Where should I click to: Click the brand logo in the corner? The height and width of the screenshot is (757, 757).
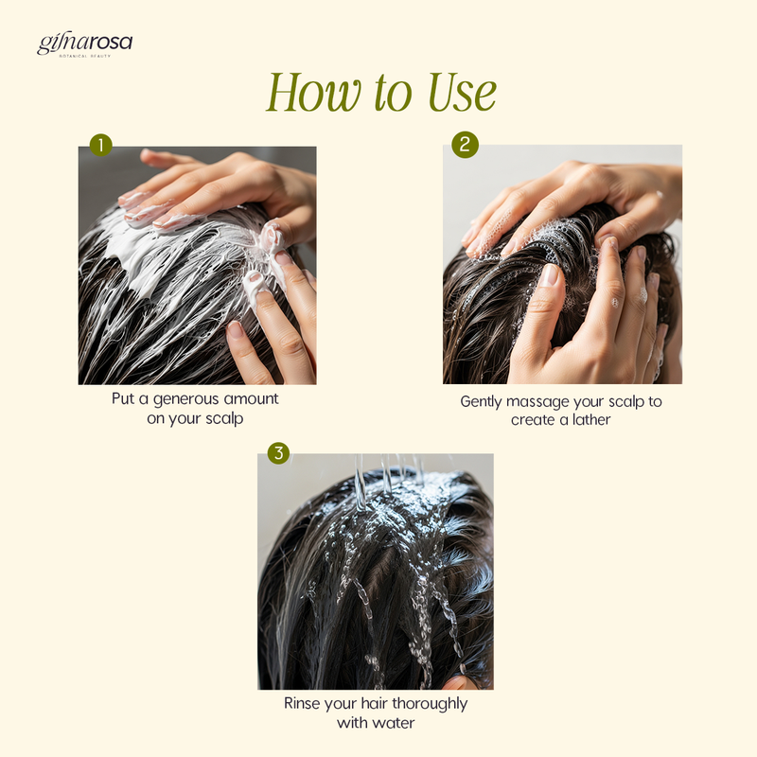tap(84, 44)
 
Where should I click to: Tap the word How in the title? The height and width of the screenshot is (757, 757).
tap(314, 92)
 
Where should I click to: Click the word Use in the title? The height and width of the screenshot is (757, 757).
tap(462, 92)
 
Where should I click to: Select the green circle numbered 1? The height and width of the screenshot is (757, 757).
tap(101, 145)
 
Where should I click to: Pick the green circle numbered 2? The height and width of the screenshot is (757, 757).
tap(465, 145)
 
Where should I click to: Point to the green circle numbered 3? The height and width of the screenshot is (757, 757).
tap(278, 453)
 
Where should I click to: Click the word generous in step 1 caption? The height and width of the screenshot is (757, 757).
tap(185, 399)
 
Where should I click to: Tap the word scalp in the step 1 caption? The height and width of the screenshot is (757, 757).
tap(224, 419)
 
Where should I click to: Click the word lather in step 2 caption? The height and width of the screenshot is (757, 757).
tap(591, 419)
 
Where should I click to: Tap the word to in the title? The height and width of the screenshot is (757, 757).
tap(394, 94)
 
